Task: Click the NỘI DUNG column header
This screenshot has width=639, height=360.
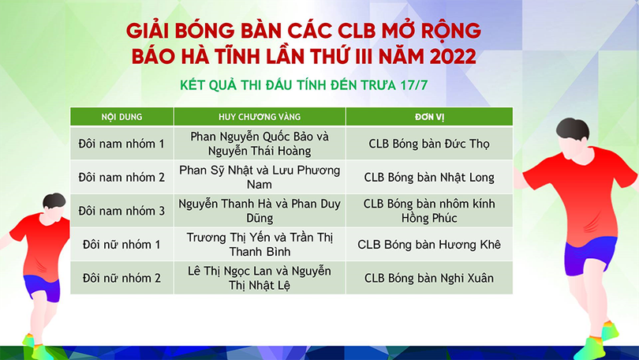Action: pyautogui.click(x=121, y=117)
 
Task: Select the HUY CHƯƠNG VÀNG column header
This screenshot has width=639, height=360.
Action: pyautogui.click(x=260, y=117)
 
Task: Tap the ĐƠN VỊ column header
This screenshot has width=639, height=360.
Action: pyautogui.click(x=429, y=117)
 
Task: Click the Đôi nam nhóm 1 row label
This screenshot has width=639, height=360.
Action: pyautogui.click(x=121, y=144)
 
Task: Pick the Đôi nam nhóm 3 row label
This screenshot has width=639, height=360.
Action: pyautogui.click(x=121, y=211)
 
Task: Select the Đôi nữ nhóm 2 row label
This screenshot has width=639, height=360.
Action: pyautogui.click(x=121, y=277)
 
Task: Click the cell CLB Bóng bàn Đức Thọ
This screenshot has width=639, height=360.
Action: pyautogui.click(x=429, y=144)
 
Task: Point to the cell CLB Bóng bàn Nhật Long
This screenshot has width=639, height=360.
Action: pyautogui.click(x=429, y=177)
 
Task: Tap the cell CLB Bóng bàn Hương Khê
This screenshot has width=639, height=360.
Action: pyautogui.click(x=429, y=244)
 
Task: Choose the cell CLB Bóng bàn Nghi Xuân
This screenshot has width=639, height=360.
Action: pyautogui.click(x=429, y=277)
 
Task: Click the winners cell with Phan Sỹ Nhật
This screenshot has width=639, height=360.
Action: pyautogui.click(x=260, y=177)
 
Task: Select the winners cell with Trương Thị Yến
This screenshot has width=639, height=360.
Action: pyautogui.click(x=260, y=244)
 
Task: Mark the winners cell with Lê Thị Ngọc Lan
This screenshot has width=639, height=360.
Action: pyautogui.click(x=260, y=277)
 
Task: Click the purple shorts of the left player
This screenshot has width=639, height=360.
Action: pyautogui.click(x=42, y=287)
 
